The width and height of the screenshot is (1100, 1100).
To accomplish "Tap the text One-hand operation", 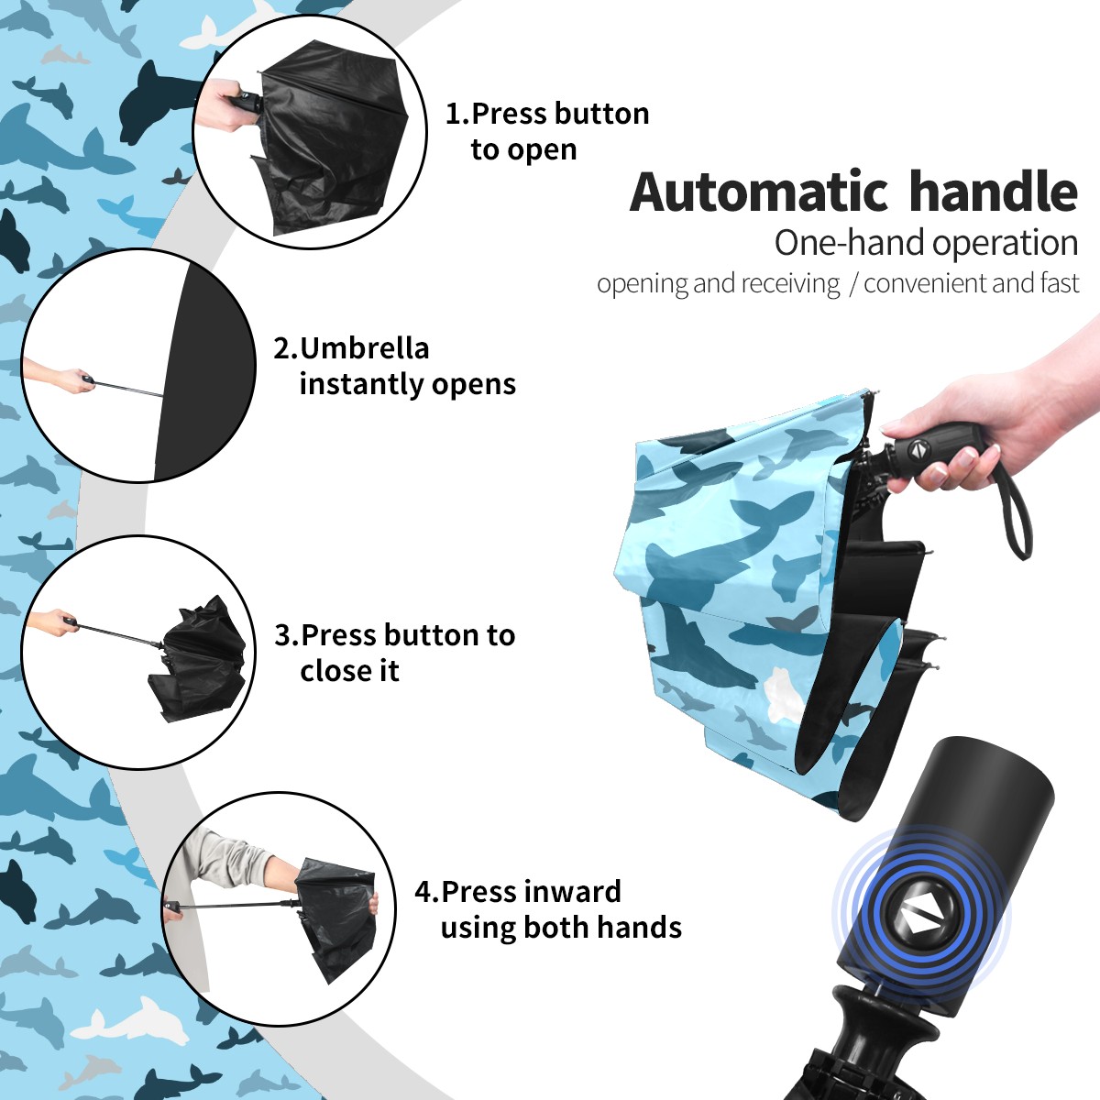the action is (x=926, y=243).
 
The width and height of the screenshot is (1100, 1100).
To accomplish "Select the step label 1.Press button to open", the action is (x=547, y=131).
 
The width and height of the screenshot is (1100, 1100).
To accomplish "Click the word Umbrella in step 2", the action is (x=364, y=348).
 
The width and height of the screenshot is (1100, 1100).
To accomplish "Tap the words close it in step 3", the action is (x=349, y=670).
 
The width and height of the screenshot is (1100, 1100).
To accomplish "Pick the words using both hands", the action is (x=561, y=927).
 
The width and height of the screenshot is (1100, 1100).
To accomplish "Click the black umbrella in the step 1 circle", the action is (x=331, y=137).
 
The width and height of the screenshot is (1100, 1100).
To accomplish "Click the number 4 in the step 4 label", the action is (x=422, y=891).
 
